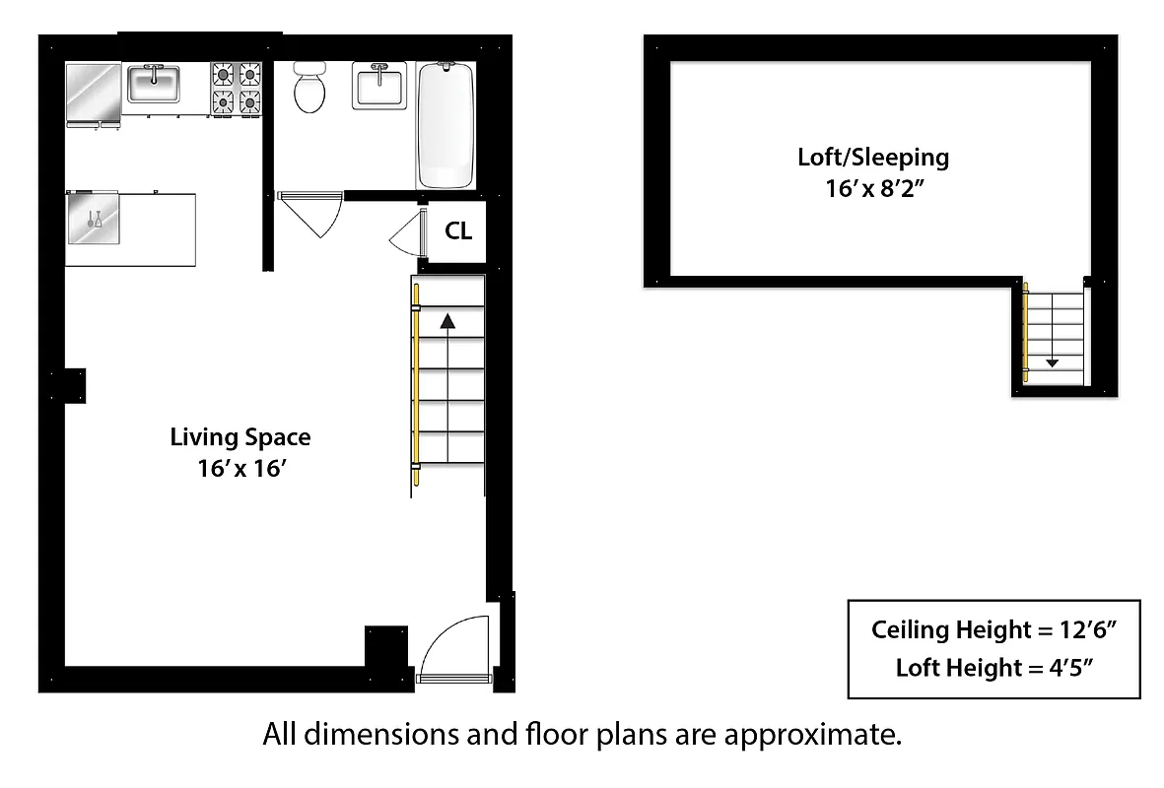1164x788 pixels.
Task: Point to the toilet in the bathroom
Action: point(309,89)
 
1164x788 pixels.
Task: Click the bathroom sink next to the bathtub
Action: point(378,85)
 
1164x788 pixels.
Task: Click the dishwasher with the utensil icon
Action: point(95,218)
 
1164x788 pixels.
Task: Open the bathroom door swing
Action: point(313,213)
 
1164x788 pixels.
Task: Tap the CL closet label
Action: point(458,231)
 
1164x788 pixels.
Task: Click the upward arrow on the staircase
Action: point(447,321)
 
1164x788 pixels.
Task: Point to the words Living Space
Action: point(240,436)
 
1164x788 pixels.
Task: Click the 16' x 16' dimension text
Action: point(240,469)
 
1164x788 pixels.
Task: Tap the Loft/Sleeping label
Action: point(872,157)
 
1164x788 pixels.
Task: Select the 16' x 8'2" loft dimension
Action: point(873,188)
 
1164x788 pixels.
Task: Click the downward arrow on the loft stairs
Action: point(1052,361)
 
